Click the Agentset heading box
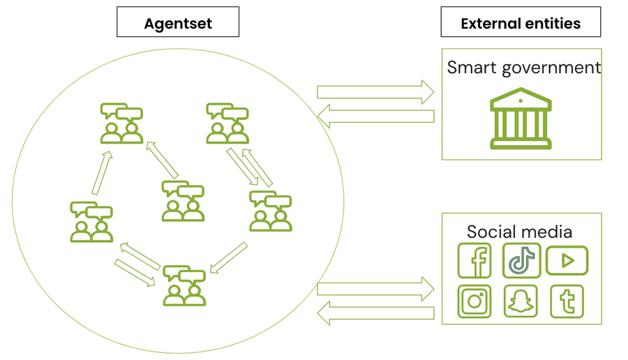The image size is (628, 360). (x=178, y=22)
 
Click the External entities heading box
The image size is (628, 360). (x=521, y=22)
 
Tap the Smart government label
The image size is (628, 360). (x=523, y=68)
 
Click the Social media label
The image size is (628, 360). (x=519, y=232)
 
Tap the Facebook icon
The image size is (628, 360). (x=474, y=261)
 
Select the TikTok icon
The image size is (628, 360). (x=521, y=261)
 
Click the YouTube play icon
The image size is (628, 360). (x=567, y=261)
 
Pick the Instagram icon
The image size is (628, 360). (x=474, y=301)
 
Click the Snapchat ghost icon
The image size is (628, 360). (x=521, y=301)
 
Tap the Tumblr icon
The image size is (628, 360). (x=567, y=301)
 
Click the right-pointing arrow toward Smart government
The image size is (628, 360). (x=375, y=91)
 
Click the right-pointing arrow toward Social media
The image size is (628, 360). (x=375, y=288)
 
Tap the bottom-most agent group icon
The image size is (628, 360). (x=184, y=285)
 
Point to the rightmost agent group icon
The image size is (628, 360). (x=270, y=211)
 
